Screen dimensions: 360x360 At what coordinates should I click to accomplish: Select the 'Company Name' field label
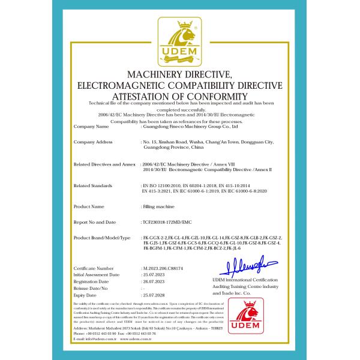91,127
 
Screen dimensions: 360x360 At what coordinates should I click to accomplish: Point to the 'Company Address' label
93,142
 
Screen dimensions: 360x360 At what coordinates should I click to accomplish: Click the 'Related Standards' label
94,187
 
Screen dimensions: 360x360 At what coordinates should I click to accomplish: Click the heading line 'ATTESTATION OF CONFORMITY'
179,97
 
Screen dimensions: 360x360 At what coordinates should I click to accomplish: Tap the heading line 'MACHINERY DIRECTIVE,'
179,74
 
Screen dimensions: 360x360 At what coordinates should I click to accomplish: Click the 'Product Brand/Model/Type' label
101,238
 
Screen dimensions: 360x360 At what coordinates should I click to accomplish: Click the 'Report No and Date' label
95,222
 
